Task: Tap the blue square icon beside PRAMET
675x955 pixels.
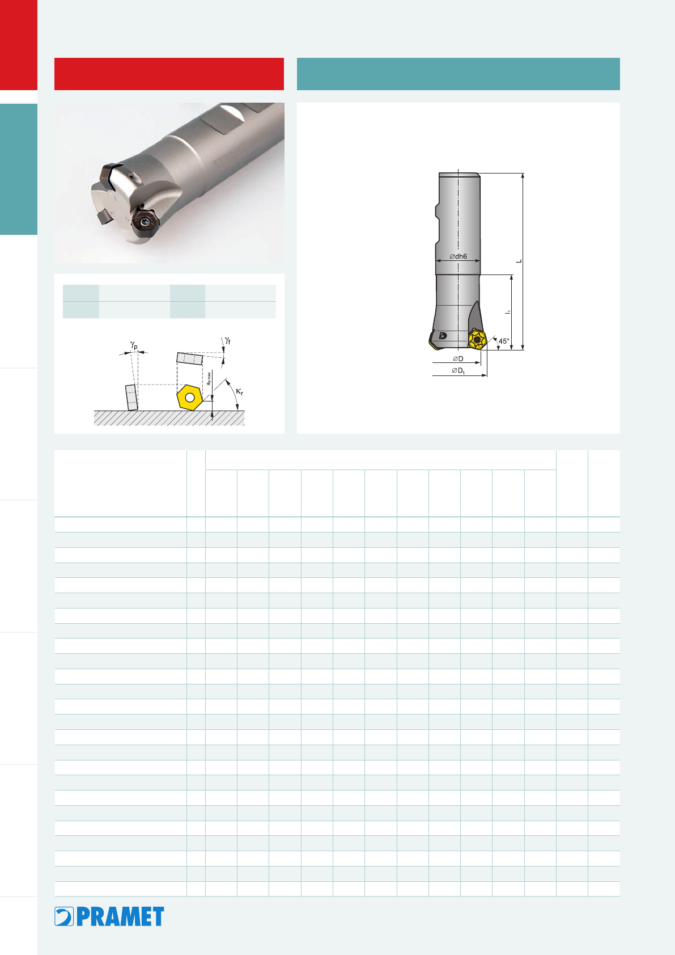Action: [64, 916]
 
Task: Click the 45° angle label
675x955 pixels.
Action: [504, 341]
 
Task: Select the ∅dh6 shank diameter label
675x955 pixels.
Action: [458, 256]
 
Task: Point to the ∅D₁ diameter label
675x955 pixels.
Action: [458, 370]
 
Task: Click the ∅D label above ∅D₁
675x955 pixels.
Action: [458, 358]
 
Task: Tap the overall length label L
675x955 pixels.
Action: [519, 261]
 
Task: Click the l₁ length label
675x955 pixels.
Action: [508, 312]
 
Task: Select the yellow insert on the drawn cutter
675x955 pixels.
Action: [477, 340]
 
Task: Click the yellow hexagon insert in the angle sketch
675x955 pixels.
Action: [190, 398]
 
